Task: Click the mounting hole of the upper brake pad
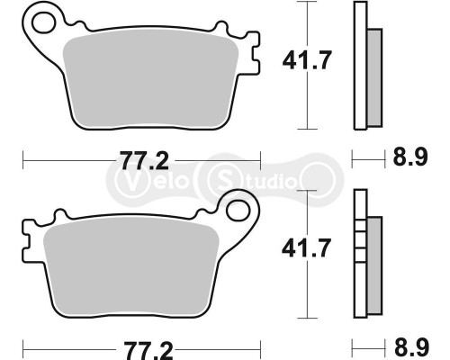pos(39,19)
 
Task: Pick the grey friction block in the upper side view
pos(374,75)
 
